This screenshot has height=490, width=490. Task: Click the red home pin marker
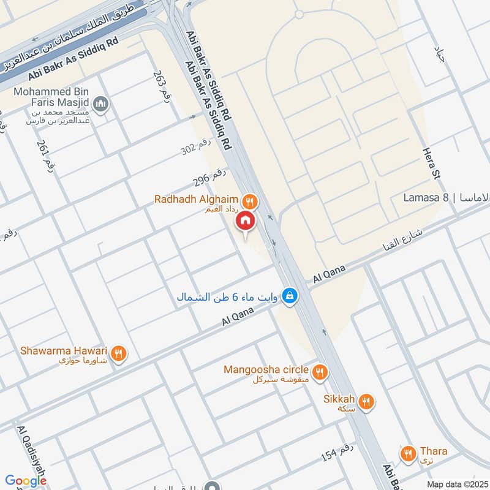(x=246, y=221)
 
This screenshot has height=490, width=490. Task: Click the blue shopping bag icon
(x=291, y=296)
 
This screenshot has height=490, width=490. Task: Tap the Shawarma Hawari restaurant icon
(x=119, y=353)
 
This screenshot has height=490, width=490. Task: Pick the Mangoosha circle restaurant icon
(x=319, y=372)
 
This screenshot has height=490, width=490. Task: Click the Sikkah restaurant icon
(x=366, y=401)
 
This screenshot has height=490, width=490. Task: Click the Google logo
(x=26, y=481)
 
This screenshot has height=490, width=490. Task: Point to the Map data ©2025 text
(x=456, y=484)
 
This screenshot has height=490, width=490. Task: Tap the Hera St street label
(x=431, y=163)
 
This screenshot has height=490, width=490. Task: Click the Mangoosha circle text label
(x=267, y=369)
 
